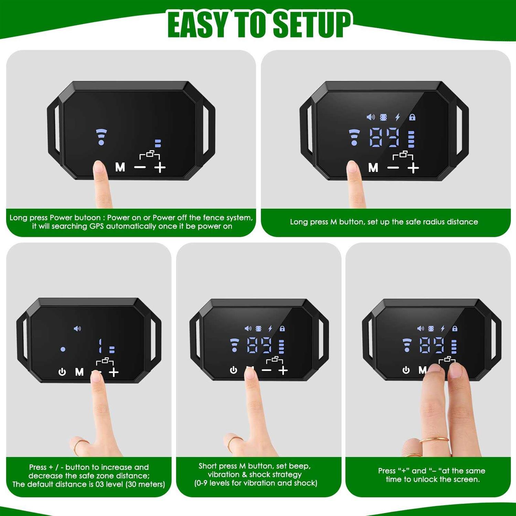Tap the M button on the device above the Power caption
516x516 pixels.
point(120,167)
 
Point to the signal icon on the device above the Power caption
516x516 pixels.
point(101,137)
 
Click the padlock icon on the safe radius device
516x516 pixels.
point(412,117)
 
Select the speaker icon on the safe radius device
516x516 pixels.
point(370,117)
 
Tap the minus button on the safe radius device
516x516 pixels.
point(393,168)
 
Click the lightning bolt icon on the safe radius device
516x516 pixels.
point(398,117)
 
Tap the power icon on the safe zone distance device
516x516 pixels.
point(62,372)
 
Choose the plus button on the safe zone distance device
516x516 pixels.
point(114,372)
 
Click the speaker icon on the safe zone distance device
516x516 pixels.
point(77,329)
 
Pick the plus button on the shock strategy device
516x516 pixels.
point(283,370)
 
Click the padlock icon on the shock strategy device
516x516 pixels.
point(282,329)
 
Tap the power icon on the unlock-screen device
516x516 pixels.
point(406,370)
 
